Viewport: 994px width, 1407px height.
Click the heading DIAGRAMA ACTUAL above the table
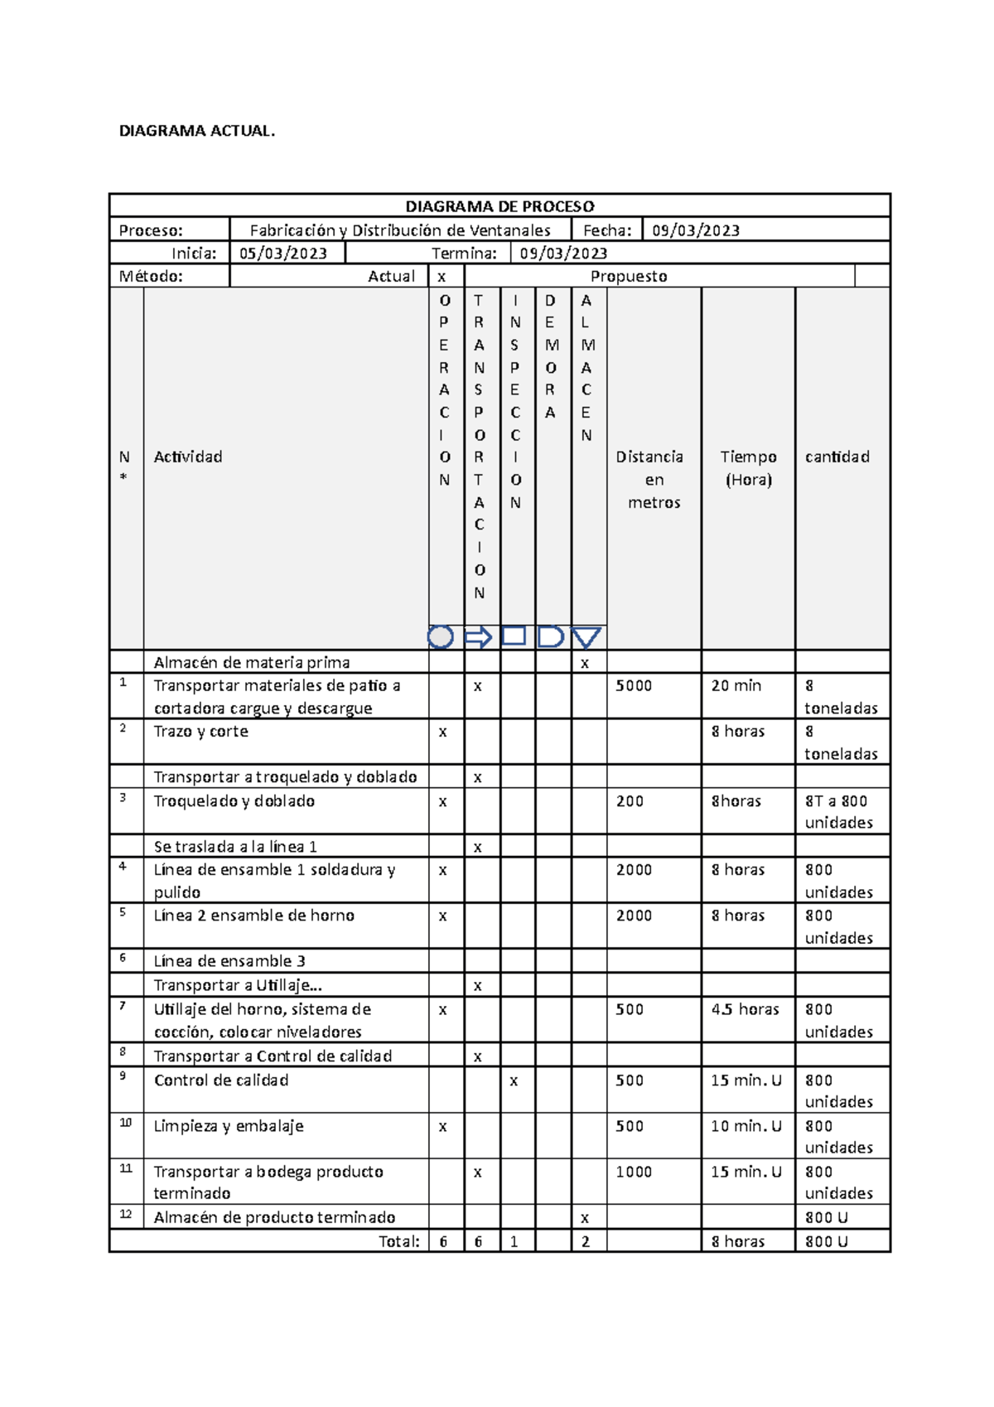point(196,131)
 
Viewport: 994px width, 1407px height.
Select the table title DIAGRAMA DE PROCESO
point(499,206)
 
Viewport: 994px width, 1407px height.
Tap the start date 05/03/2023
point(282,254)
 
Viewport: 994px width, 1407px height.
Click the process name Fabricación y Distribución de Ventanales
point(400,230)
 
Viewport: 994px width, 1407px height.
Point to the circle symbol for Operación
point(441,637)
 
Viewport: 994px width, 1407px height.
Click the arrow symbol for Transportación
point(478,637)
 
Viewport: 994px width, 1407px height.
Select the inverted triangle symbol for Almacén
point(586,637)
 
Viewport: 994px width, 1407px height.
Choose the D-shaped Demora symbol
point(550,637)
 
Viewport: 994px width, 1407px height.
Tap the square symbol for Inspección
point(514,636)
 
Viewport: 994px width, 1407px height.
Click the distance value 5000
point(634,686)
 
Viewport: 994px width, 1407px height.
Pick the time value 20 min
point(736,686)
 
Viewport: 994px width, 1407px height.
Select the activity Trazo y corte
point(200,732)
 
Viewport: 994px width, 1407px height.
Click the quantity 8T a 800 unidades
point(838,812)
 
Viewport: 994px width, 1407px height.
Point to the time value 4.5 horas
point(745,1009)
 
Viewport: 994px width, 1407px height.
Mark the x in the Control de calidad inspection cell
point(514,1081)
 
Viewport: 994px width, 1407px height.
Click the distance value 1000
point(634,1172)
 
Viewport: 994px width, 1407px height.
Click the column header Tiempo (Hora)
point(748,468)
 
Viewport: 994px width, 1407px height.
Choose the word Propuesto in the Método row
point(629,277)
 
